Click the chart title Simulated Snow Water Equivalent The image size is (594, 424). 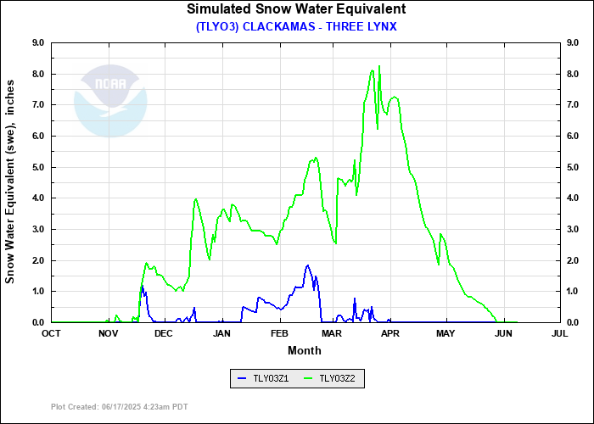pyautogui.click(x=296, y=9)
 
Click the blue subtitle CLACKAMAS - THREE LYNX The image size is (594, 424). pyautogui.click(x=296, y=26)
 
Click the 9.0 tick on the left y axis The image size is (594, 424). pyautogui.click(x=39, y=42)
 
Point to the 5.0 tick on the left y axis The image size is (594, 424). pyautogui.click(x=39, y=167)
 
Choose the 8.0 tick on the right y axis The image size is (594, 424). pyautogui.click(x=572, y=74)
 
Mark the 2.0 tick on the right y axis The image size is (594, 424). pyautogui.click(x=572, y=260)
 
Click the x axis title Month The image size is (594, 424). pyautogui.click(x=305, y=350)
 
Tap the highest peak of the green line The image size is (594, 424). pyautogui.click(x=379, y=65)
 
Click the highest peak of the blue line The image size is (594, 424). pyautogui.click(x=308, y=265)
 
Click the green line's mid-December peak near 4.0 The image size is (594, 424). pyautogui.click(x=196, y=199)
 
